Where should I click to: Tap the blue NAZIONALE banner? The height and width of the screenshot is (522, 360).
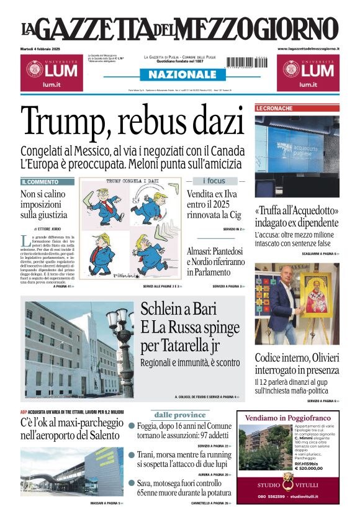point(179,74)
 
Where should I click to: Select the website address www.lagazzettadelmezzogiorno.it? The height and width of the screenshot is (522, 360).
point(308,48)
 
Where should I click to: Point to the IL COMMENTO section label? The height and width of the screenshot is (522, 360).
point(40,182)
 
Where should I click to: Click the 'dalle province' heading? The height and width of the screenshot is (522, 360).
point(181,415)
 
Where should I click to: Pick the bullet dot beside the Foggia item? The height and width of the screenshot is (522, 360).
point(132,426)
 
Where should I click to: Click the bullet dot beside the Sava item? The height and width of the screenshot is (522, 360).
point(132,482)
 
